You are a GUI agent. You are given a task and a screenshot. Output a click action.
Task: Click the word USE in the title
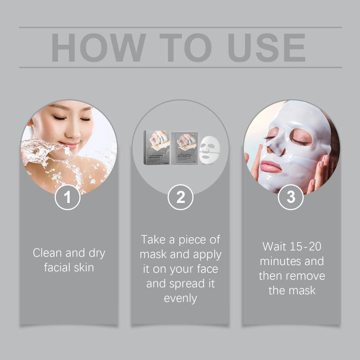(x=267, y=47)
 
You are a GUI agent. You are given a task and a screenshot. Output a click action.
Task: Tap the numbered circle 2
(x=180, y=198)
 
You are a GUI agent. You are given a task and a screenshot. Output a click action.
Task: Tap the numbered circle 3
(x=291, y=198)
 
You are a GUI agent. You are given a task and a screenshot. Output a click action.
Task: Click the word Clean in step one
(x=48, y=253)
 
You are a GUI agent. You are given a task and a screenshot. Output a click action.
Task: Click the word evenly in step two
(x=180, y=298)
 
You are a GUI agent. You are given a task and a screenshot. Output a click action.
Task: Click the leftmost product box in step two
(x=157, y=147)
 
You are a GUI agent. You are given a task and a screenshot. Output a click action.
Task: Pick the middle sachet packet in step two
(x=185, y=148)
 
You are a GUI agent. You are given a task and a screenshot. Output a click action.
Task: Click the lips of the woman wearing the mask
(x=271, y=166)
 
